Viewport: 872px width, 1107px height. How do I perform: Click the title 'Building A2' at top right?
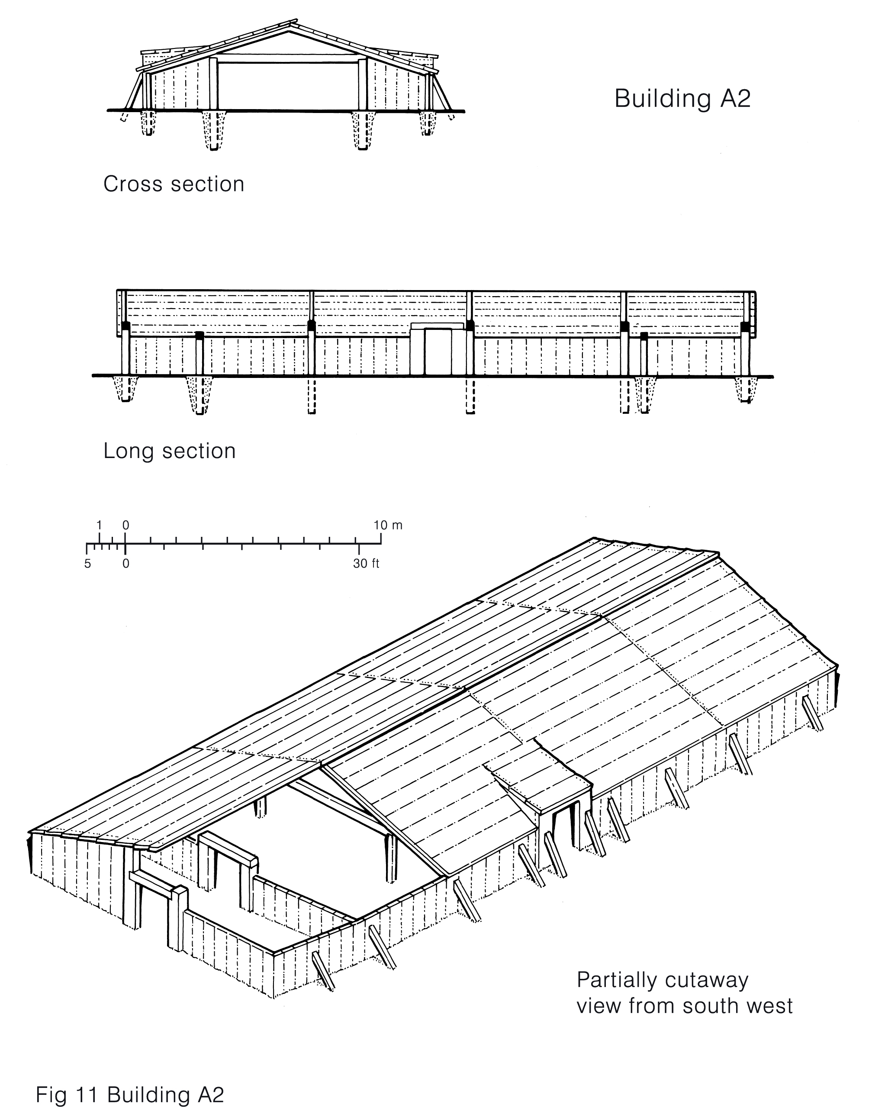682,99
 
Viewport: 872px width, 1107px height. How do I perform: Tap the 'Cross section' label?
174,184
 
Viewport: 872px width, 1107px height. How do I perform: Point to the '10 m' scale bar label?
388,526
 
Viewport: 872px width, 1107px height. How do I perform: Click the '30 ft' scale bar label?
367,564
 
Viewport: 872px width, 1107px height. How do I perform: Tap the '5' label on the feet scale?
87,564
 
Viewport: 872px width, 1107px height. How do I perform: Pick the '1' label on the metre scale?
100,526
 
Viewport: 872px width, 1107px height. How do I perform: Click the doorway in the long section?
437,352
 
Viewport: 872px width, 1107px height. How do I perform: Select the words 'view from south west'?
684,1006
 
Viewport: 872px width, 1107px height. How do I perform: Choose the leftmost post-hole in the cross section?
148,123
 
